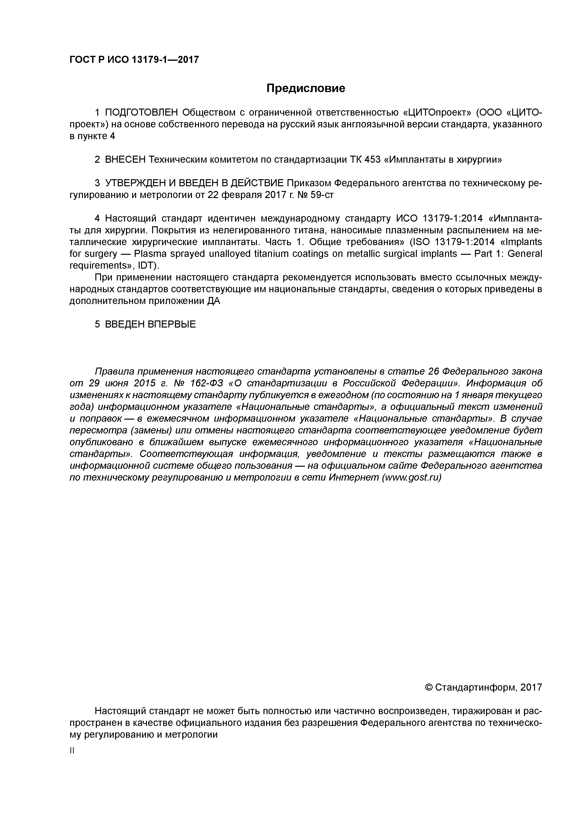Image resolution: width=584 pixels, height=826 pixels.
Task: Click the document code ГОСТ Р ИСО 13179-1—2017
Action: (x=134, y=59)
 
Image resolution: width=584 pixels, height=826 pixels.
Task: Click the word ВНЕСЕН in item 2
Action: (x=125, y=159)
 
